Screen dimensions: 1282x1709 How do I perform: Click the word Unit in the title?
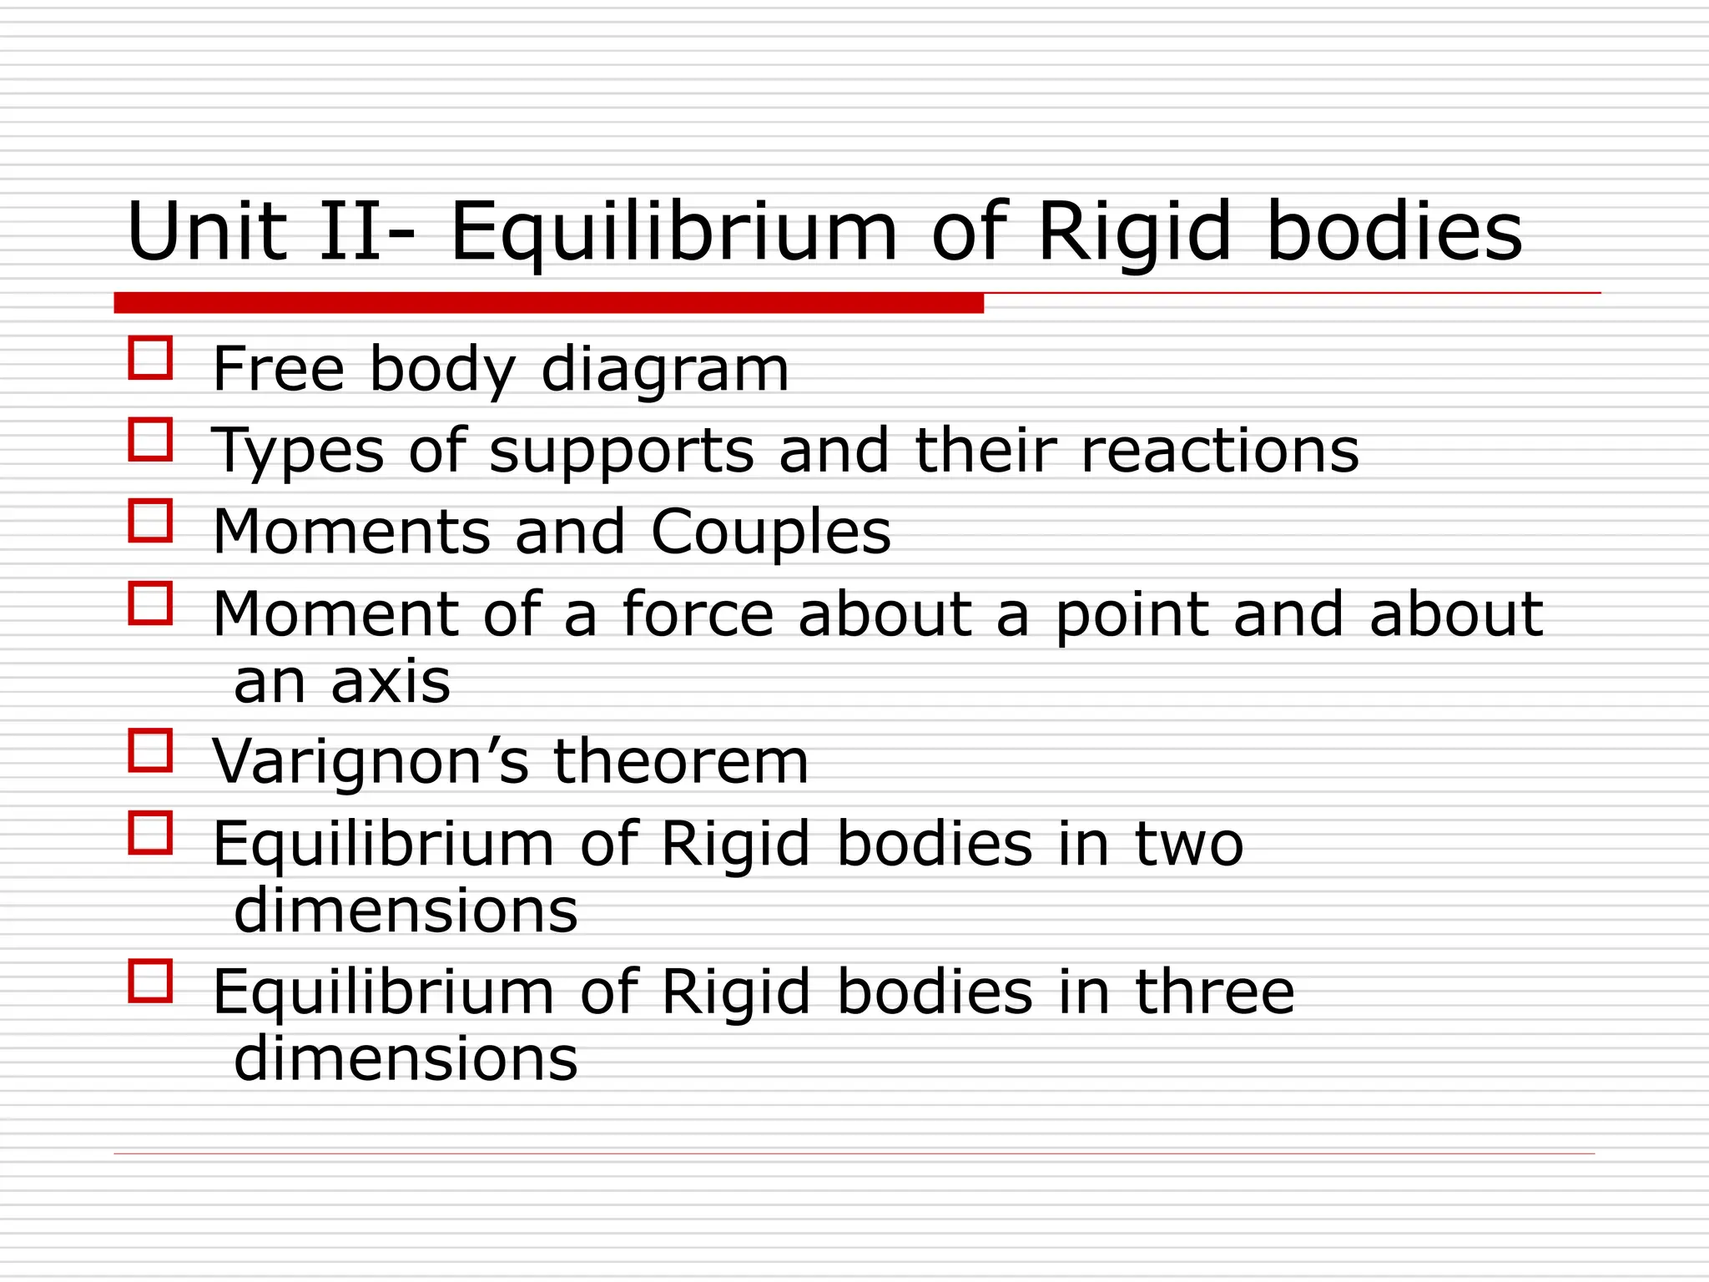pos(206,232)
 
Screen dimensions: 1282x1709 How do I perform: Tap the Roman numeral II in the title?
pos(350,232)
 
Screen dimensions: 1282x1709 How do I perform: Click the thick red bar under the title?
pos(548,303)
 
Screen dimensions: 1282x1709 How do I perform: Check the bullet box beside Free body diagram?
pos(150,358)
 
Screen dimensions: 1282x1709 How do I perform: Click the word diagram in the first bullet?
pos(664,370)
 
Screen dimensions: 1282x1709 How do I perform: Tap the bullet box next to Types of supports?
pos(150,440)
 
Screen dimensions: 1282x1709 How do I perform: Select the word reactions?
pos(1219,452)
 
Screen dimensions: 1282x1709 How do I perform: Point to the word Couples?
pos(770,532)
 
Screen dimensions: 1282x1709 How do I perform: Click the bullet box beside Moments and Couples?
pos(150,521)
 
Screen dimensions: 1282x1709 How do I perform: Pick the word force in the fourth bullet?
pos(698,615)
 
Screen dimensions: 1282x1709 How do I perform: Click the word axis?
pos(390,682)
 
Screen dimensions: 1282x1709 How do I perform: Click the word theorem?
pos(681,762)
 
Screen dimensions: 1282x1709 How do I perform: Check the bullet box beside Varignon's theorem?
pos(150,750)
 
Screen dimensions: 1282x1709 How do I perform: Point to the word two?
pos(1189,845)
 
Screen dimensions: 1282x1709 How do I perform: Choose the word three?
pos(1214,992)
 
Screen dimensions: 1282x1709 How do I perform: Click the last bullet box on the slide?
pos(150,981)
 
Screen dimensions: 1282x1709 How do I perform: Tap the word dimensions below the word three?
pos(406,1058)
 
